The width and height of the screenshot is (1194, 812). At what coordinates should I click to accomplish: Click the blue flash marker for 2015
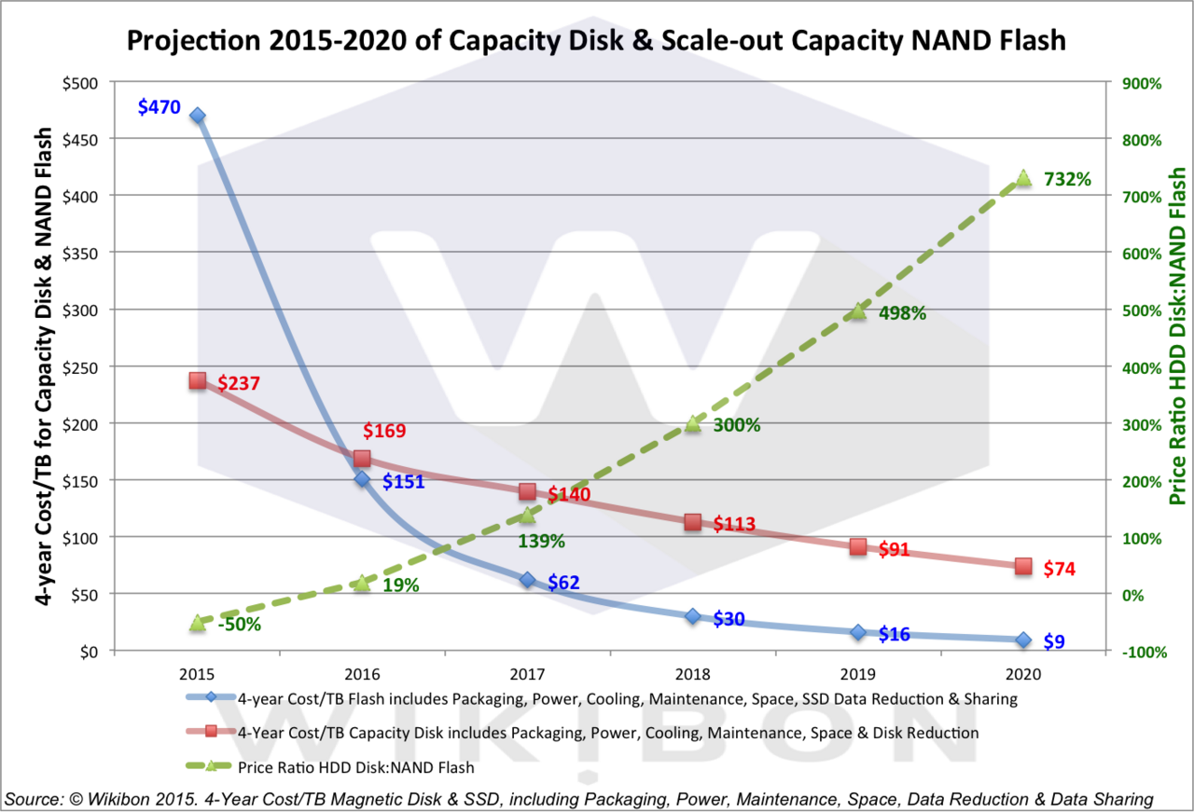coord(198,116)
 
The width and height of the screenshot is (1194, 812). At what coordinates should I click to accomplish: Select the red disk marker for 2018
coord(692,522)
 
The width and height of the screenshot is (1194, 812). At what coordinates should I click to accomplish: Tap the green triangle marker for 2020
coord(1023,178)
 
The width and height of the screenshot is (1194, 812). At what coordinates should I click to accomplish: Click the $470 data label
coord(159,107)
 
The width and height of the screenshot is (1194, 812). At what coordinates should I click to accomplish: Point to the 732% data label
coord(1067,179)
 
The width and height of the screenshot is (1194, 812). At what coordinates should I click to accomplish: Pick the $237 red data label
coord(238,383)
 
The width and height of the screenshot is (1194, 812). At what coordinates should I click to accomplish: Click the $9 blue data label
coord(1055,641)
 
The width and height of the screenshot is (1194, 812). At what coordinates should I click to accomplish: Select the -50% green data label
coord(239,625)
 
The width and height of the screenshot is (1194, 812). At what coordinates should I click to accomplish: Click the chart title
coord(596,40)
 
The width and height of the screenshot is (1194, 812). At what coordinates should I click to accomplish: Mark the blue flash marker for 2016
coord(363,479)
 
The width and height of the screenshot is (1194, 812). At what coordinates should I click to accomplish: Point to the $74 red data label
coord(1060,568)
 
